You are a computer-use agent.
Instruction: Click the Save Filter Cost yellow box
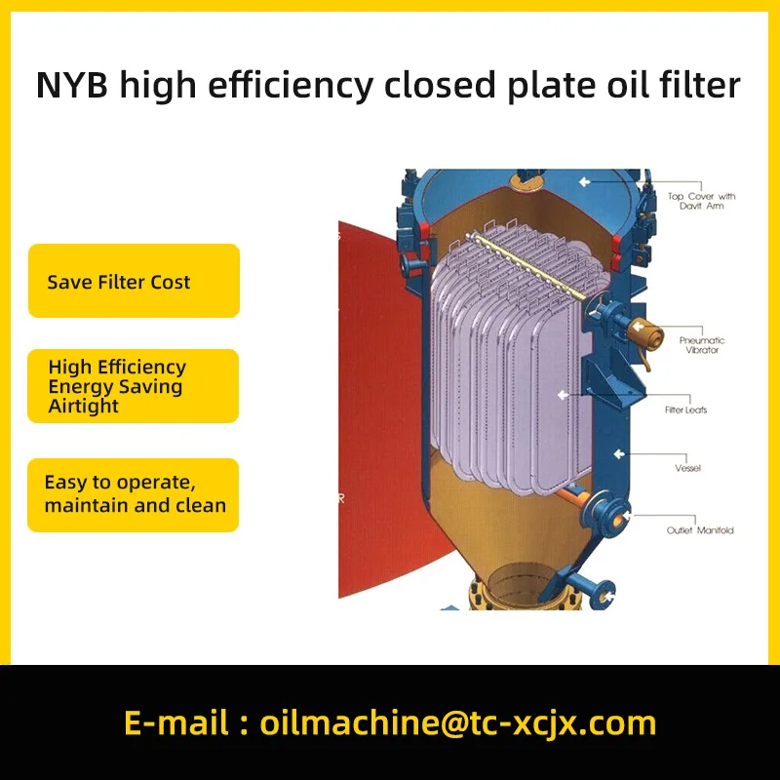tap(134, 282)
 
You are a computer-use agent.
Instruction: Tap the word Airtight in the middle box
tap(84, 407)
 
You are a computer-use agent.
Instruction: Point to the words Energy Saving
tap(115, 387)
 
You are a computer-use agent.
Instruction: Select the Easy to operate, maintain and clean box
tap(134, 494)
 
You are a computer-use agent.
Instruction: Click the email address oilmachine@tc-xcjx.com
tap(458, 723)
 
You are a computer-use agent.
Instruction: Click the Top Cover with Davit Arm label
tap(701, 201)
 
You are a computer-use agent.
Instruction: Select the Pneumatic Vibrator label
tap(701, 345)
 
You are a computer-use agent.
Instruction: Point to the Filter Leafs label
tap(686, 410)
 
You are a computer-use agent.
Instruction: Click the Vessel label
tap(687, 469)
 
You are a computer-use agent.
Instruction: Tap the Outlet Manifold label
tap(700, 530)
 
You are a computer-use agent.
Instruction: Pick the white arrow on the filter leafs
tap(563, 395)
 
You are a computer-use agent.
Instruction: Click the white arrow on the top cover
tap(584, 182)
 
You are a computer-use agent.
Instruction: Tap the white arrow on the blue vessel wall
tap(618, 453)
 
